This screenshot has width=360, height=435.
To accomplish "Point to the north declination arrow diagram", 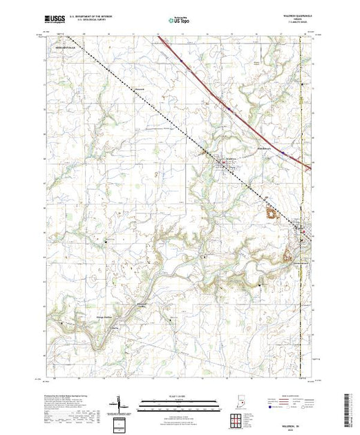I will [x=120, y=404].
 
